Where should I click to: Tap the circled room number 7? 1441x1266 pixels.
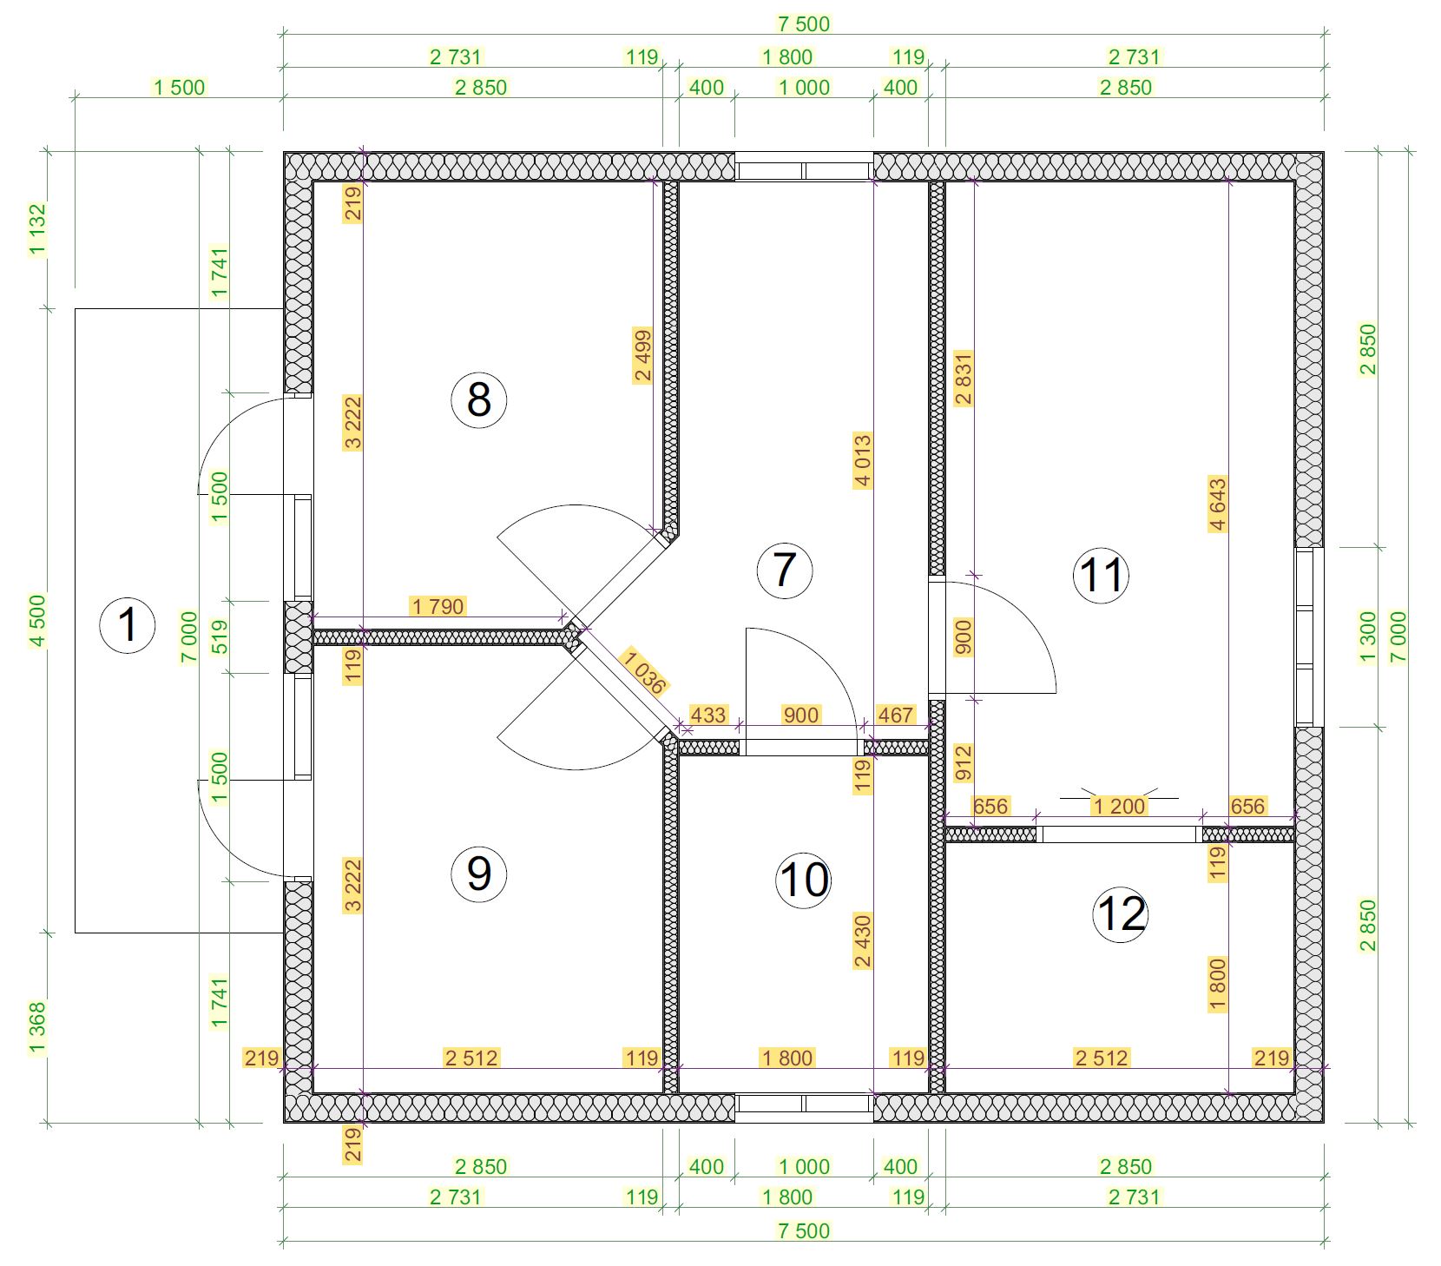[785, 570]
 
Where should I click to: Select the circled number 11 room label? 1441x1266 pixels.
[1102, 574]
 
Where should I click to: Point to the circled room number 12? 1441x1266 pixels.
[1121, 913]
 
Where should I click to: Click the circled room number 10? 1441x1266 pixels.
[804, 880]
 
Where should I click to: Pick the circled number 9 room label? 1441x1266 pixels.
[478, 874]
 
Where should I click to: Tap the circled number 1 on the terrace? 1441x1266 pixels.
[128, 624]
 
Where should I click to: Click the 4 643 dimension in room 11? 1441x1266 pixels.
[1218, 504]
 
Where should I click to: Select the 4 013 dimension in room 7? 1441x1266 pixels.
[863, 460]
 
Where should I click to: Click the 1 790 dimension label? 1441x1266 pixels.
[438, 606]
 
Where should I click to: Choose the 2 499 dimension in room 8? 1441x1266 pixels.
[642, 355]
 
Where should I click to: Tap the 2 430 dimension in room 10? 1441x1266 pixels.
[863, 940]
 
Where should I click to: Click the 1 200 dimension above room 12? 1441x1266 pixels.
[1120, 806]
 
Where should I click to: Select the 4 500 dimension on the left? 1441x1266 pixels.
[37, 621]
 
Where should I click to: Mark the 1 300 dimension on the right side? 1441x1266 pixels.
[1368, 636]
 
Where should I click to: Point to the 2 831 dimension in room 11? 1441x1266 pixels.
[964, 379]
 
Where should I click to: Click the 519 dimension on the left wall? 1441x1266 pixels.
[220, 636]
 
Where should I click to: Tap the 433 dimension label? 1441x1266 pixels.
[708, 715]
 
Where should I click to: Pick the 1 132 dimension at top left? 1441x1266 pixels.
[37, 229]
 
